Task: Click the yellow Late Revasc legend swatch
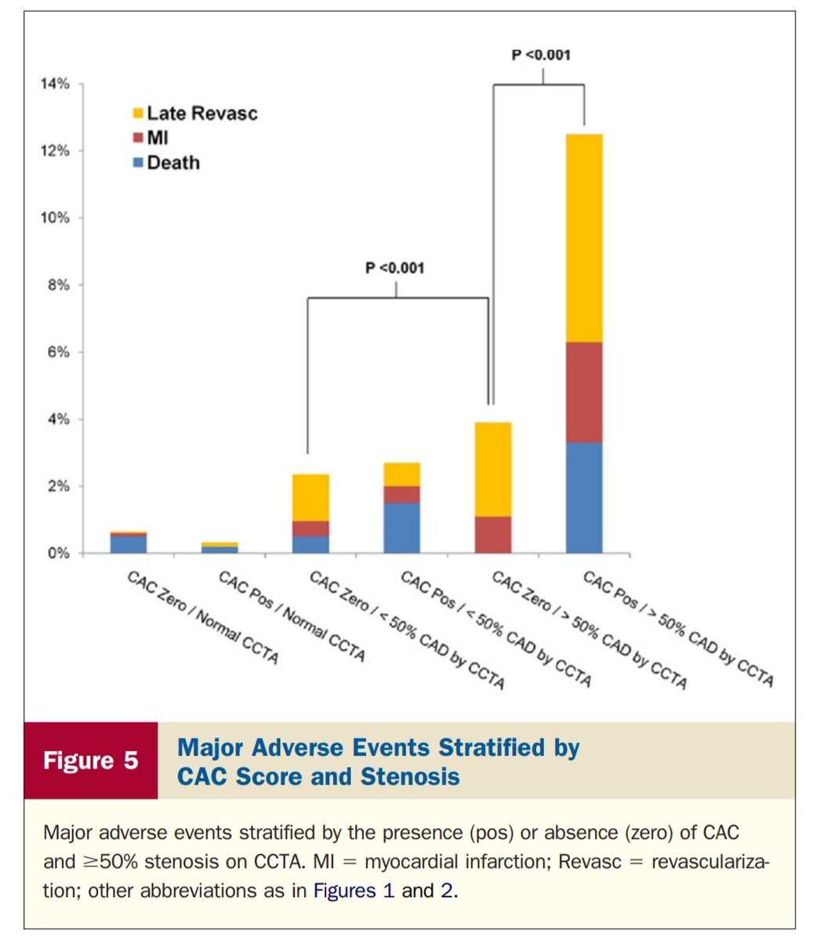tap(138, 114)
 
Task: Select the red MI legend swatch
tap(138, 139)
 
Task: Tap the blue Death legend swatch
tap(138, 163)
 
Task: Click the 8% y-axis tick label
tap(56, 284)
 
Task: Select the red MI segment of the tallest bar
tap(584, 392)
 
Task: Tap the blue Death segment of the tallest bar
tap(584, 497)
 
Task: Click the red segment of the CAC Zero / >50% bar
tap(493, 534)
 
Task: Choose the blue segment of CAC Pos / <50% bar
tap(402, 527)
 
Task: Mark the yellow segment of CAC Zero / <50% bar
tap(310, 497)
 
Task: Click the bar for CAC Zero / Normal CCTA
tap(129, 543)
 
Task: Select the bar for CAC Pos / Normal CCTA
tap(219, 548)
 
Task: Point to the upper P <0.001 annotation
tap(541, 55)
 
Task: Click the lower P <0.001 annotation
tap(395, 268)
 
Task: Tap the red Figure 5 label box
tap(90, 761)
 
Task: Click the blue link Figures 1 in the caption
tap(354, 891)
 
